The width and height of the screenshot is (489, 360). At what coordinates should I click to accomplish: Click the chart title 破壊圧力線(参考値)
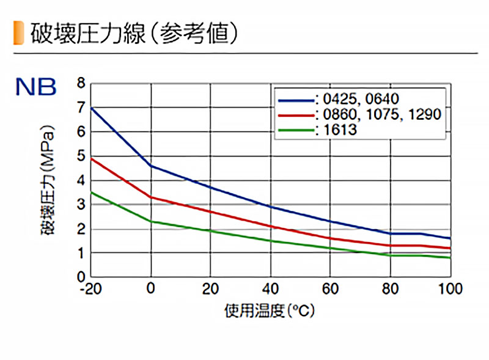(134, 33)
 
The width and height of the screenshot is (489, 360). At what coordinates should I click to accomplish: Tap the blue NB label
(36, 87)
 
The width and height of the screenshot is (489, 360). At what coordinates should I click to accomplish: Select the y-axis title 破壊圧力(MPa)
(48, 180)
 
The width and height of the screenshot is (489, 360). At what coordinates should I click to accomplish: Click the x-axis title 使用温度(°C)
(270, 310)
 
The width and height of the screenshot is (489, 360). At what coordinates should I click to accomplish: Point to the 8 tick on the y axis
(81, 83)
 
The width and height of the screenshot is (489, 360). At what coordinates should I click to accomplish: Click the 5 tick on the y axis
(81, 156)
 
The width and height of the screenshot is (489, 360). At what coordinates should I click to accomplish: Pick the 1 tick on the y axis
(81, 253)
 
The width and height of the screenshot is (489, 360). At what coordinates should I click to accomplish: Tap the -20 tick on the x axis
(90, 289)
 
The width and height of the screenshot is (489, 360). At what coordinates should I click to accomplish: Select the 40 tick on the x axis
(270, 289)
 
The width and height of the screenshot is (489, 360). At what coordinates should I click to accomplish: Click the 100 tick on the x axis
(450, 289)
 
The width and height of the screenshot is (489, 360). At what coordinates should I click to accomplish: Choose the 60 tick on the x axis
(330, 289)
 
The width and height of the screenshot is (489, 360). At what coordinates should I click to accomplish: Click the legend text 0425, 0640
(361, 99)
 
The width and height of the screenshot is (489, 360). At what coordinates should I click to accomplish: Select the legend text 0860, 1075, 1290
(382, 114)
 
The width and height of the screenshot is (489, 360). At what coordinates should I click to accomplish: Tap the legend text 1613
(340, 130)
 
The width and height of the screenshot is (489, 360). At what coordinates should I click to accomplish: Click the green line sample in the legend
(296, 130)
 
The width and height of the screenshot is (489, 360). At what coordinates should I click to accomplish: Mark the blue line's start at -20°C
(91, 108)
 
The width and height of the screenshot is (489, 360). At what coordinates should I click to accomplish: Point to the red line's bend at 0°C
(151, 197)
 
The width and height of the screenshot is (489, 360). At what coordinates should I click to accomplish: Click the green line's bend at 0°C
(151, 221)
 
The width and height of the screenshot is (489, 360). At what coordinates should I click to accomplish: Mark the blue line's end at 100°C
(450, 238)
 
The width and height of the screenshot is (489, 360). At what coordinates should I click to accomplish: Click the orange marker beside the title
(18, 33)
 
